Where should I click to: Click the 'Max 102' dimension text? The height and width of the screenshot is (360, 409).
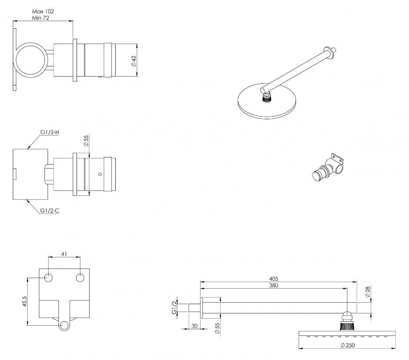click(x=43, y=11)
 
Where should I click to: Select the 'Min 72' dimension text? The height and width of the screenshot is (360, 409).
click(x=41, y=18)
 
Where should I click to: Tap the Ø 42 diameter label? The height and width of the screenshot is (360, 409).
click(x=134, y=61)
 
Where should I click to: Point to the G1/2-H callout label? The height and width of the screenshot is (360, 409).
click(x=50, y=132)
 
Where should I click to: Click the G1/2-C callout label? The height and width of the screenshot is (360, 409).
click(x=50, y=210)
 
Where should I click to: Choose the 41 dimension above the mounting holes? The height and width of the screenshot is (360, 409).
click(x=64, y=254)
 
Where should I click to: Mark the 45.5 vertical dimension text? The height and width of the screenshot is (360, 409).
click(x=25, y=301)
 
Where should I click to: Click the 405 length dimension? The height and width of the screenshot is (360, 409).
click(x=274, y=279)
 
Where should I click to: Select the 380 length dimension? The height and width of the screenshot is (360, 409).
click(x=274, y=286)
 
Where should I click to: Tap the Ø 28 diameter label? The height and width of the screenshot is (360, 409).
click(x=368, y=292)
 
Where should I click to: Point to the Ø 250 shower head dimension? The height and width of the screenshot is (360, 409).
click(x=348, y=345)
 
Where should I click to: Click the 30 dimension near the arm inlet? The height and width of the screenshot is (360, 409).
click(x=194, y=326)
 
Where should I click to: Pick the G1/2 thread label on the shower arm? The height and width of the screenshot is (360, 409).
click(x=174, y=308)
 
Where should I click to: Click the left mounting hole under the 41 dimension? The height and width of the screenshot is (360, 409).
click(x=48, y=278)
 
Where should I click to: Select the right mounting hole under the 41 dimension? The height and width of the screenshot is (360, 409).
click(x=80, y=278)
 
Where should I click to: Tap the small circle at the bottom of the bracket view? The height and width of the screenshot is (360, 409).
click(x=64, y=326)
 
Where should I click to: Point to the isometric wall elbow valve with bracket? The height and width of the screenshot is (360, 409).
click(x=328, y=168)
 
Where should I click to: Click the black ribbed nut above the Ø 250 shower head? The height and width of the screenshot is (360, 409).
click(x=347, y=326)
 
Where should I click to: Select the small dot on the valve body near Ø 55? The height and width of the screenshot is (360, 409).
click(x=100, y=174)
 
